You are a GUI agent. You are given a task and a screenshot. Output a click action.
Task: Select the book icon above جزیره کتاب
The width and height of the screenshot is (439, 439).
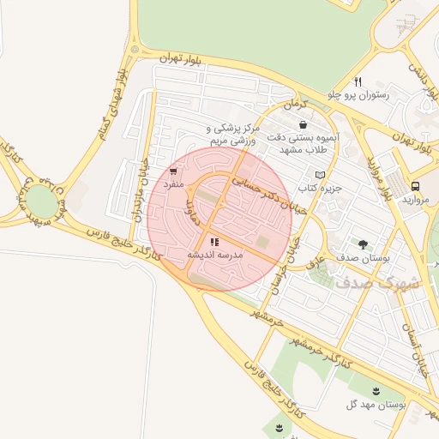pos(321,175)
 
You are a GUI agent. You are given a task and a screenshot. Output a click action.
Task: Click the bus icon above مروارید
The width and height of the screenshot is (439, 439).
pos(415,185)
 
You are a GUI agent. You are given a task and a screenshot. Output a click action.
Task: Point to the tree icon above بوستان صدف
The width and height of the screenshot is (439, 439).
pos(363,244)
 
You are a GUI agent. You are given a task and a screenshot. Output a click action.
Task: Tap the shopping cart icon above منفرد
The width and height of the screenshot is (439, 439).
pos(175,171)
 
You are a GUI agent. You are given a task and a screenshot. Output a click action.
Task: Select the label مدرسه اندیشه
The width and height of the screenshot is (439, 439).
pos(215,256)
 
